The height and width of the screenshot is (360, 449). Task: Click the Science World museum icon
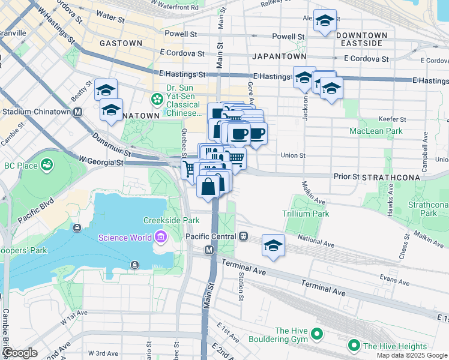[x=160, y=238]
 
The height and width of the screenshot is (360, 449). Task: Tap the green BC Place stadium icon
[x=46, y=164]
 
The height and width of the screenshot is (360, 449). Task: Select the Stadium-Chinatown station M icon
[x=77, y=112]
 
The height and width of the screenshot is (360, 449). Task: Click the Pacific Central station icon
[x=244, y=236]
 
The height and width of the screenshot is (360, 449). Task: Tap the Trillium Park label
[x=306, y=214]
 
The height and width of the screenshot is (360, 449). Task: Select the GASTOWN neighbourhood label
[x=121, y=43]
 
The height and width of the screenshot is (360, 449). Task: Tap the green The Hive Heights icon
[x=354, y=346]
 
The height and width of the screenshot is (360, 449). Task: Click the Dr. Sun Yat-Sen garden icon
[x=157, y=98]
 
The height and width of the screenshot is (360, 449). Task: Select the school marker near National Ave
[x=273, y=245]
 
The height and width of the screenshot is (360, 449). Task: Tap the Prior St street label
[x=346, y=177]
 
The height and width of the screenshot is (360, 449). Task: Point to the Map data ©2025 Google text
[x=411, y=355]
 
